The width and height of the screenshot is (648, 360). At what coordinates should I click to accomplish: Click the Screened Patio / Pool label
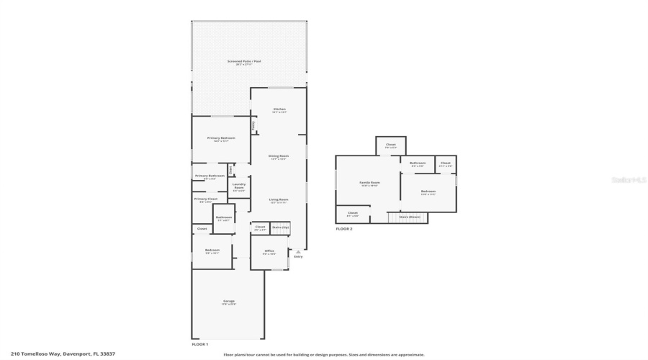[244, 62]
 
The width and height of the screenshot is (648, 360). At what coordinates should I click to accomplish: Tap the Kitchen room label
[279, 109]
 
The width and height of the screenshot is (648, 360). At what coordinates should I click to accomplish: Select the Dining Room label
[279, 156]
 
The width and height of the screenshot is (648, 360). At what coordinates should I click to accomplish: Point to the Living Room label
[279, 199]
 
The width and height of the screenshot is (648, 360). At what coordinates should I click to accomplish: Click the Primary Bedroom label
[221, 138]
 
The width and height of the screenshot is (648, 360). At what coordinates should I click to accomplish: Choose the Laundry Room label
[239, 185]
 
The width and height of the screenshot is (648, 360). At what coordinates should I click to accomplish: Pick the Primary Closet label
[206, 199]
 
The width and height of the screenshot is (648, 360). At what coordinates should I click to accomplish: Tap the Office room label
[269, 251]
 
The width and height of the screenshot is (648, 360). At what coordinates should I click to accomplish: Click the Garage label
[228, 302]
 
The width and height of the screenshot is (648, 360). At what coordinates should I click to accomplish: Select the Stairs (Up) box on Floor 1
[281, 228]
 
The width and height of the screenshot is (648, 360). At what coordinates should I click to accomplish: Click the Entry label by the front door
[298, 256]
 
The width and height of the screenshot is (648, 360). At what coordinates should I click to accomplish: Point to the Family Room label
[369, 183]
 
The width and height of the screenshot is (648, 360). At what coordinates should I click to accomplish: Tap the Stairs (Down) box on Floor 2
[409, 217]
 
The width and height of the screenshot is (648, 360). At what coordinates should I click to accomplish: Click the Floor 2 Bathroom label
[418, 163]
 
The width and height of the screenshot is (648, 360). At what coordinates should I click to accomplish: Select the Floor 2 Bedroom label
[428, 192]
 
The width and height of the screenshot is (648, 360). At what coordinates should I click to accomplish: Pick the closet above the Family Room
[390, 145]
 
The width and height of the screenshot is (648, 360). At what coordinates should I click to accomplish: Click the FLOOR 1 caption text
[199, 344]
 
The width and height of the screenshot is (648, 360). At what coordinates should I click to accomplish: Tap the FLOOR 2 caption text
[344, 229]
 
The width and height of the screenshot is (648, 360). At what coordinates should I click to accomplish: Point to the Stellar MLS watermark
[628, 180]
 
